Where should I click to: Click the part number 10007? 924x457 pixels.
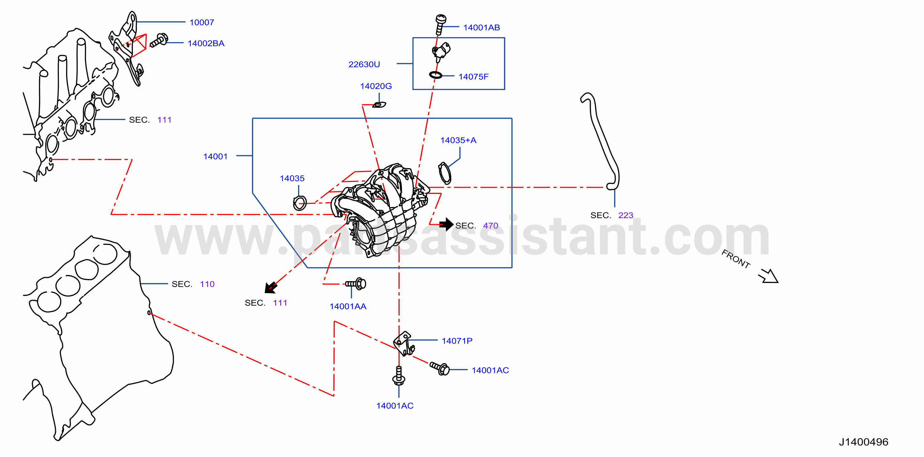tap(202, 22)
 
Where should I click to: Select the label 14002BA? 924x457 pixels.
tap(206, 43)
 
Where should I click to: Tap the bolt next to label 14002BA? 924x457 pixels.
tap(159, 40)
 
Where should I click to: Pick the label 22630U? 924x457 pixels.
tap(364, 64)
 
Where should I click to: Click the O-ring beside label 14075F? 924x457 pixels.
tap(435, 75)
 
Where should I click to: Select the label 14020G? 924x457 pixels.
tap(376, 86)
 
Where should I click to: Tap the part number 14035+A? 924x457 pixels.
tap(458, 140)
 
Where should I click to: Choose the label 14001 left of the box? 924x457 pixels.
tap(215, 156)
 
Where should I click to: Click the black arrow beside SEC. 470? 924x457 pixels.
tap(446, 224)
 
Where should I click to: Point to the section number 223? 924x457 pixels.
tap(626, 215)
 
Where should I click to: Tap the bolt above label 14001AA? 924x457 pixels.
tap(356, 284)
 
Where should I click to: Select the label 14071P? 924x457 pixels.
tap(457, 341)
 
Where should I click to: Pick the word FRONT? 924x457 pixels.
tap(736, 259)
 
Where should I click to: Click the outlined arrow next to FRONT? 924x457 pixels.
tap(768, 276)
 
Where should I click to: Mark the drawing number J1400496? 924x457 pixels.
tap(863, 442)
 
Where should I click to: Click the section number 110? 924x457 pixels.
tap(207, 284)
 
